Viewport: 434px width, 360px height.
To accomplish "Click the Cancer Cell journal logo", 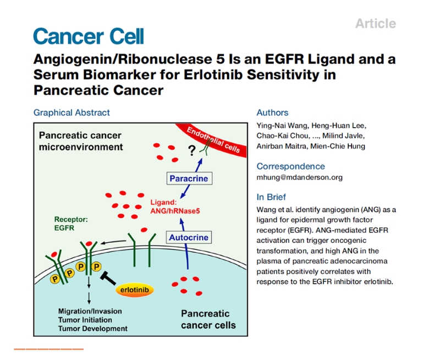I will tap(88, 36).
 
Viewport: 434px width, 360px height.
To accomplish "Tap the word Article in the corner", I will tap(375, 24).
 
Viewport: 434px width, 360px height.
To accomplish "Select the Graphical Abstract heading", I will tap(72, 113).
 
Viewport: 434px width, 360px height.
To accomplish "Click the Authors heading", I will tap(272, 113).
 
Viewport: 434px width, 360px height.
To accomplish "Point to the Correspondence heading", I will tap(290, 166).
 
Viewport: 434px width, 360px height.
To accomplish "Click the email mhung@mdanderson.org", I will tap(299, 177).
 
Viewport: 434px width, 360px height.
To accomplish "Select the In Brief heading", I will tap(271, 197).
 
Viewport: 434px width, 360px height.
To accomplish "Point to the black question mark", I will tap(192, 150).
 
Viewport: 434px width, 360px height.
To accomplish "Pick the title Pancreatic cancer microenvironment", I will tap(80, 141).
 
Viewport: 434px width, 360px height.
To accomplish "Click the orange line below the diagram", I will tap(48, 348).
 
